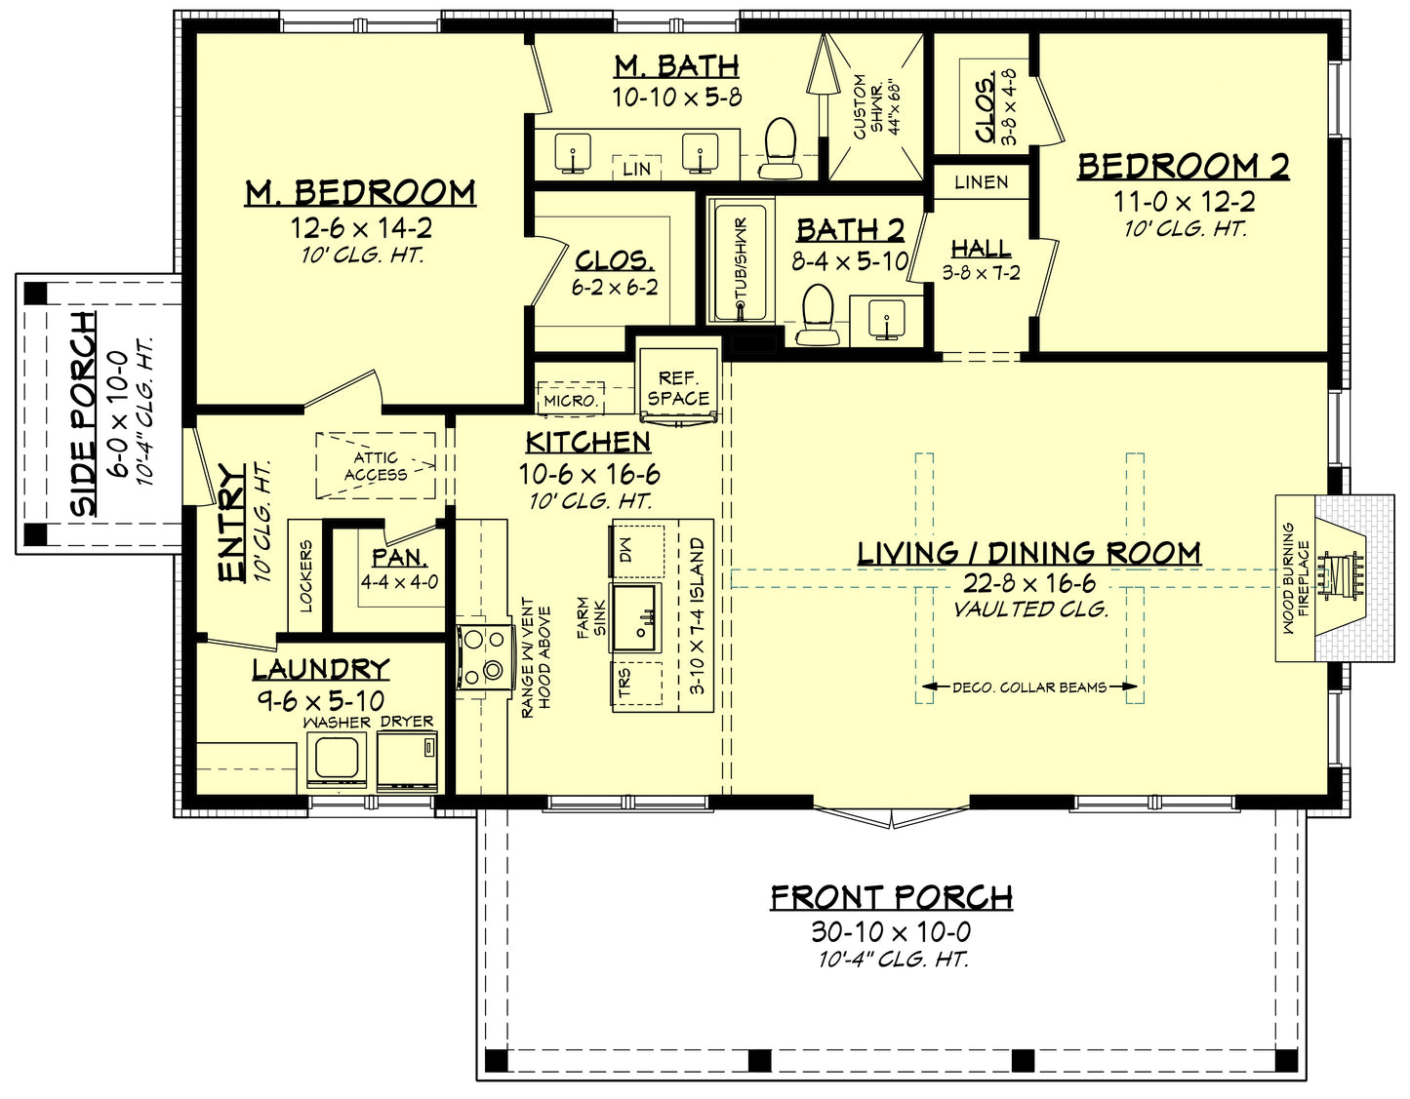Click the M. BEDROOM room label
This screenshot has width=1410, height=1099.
[360, 192]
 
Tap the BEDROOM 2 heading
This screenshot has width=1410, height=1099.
[1184, 167]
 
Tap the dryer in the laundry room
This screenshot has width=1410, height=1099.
[407, 760]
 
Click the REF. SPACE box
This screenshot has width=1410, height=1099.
[678, 387]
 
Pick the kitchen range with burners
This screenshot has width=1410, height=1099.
[484, 654]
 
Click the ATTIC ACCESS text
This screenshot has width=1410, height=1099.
[376, 466]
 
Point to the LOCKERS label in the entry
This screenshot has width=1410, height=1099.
[305, 576]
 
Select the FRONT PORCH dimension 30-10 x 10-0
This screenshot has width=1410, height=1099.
[891, 931]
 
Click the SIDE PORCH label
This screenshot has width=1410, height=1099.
[85, 413]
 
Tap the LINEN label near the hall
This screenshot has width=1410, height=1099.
[982, 182]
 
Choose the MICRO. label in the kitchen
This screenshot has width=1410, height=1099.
[570, 401]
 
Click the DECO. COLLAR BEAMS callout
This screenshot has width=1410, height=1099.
[1028, 687]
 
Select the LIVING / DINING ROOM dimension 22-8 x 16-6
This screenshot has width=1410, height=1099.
[1030, 583]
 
